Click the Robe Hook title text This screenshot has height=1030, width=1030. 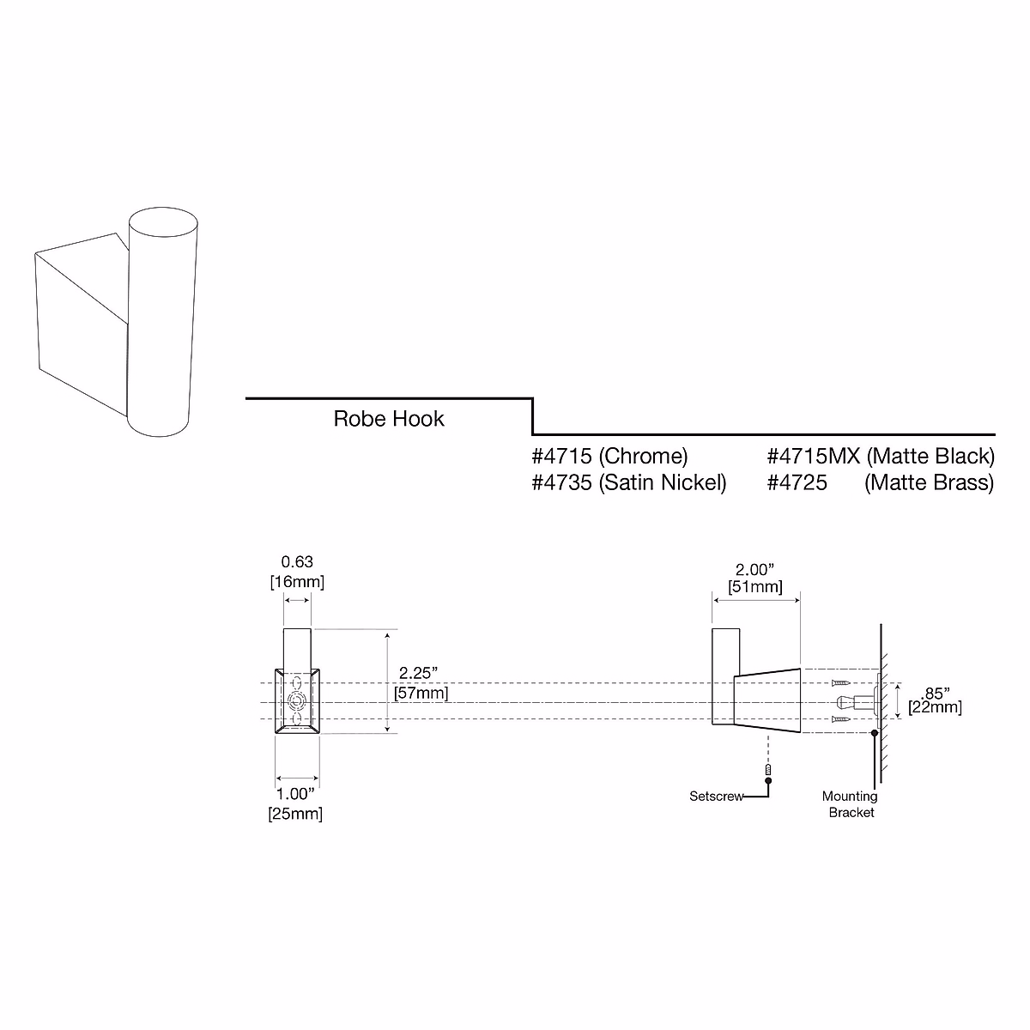coord(389,419)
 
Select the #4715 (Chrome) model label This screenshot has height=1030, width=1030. coord(609,456)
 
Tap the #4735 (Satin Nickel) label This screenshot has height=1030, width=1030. coord(629,482)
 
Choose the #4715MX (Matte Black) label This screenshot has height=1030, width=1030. coord(880,456)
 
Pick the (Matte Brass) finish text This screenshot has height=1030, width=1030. coord(929,482)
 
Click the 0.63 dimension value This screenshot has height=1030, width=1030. coord(297,563)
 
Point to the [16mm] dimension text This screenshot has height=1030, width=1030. coord(297,582)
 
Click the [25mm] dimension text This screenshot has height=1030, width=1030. coord(296,814)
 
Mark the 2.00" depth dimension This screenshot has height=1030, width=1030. coord(755,569)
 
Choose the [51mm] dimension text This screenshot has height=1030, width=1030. coord(755,588)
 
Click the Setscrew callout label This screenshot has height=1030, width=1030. coord(717,797)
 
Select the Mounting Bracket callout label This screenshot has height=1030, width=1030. coord(851,804)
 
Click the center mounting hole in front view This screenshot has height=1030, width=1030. coord(297,701)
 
